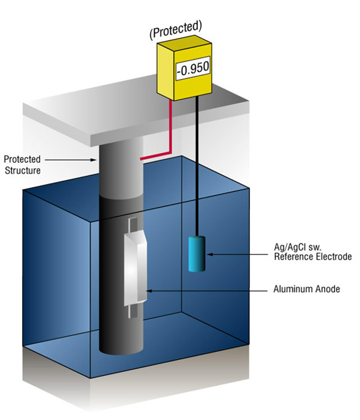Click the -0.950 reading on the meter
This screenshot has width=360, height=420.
coord(193,69)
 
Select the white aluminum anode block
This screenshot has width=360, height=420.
coord(136,269)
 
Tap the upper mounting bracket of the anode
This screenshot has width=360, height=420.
coord(132,225)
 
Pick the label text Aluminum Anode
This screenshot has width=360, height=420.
coord(307,289)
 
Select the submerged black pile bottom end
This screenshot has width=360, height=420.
coord(121,344)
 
